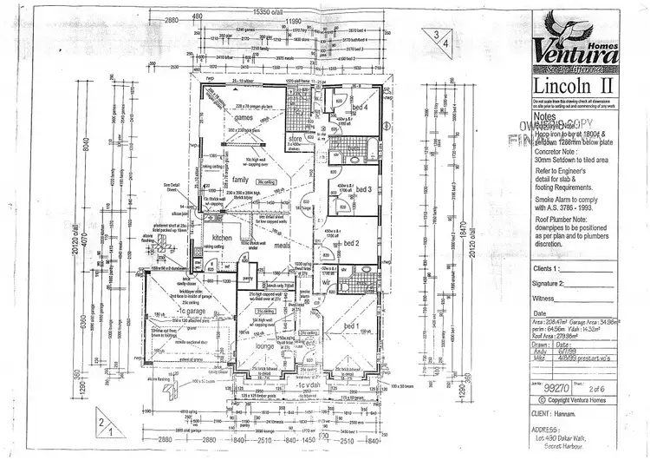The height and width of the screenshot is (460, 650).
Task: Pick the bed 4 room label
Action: tap(361, 108)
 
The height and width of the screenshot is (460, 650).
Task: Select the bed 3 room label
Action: tap(363, 188)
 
